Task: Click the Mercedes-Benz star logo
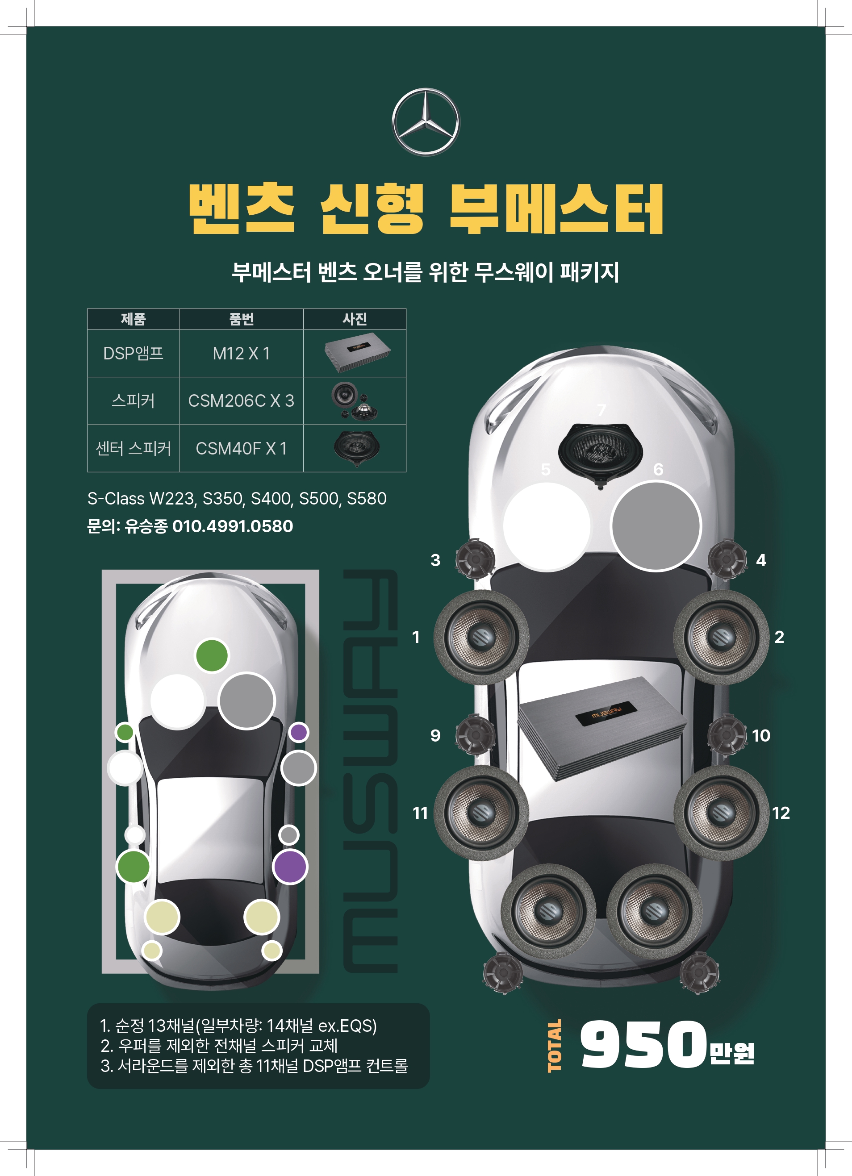coord(425,122)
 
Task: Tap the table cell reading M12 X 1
coord(241,354)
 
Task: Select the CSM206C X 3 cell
coord(241,401)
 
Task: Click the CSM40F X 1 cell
coord(241,449)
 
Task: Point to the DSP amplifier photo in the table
coord(357,354)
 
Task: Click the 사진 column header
coord(355,319)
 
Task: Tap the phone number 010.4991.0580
coord(232,526)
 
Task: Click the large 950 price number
coord(643,1045)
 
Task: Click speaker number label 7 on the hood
coord(601,411)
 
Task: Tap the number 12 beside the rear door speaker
coord(781,813)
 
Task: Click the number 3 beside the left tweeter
coord(435,560)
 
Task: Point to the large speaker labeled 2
coord(721,637)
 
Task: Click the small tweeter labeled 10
coord(727,734)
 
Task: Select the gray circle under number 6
coord(656,526)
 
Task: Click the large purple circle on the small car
coord(290,867)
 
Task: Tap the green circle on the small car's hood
coord(212,655)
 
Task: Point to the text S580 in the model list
coord(367,499)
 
